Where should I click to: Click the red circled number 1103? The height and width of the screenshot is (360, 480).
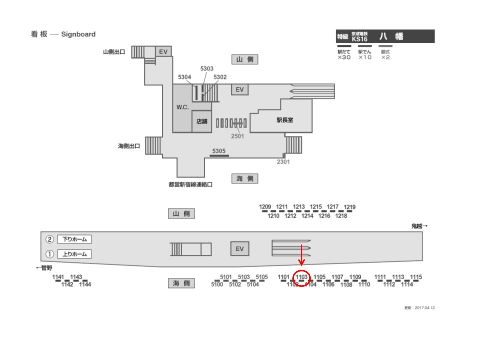[301, 277]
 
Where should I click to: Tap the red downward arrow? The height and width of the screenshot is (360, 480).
[302, 255]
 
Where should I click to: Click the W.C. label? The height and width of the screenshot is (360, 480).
[182, 108]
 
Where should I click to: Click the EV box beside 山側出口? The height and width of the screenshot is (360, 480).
[163, 51]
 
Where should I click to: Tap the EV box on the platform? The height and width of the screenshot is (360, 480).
[239, 249]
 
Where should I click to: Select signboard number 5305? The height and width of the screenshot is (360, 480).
[219, 150]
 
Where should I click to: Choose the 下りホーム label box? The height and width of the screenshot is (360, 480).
[75, 239]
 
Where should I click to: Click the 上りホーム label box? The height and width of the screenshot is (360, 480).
[75, 254]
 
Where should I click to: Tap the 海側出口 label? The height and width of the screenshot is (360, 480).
[129, 146]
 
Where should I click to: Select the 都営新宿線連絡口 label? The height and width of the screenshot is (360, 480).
[191, 184]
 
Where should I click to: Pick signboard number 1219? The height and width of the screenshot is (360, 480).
[350, 207]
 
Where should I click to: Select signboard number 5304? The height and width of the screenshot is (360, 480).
[185, 77]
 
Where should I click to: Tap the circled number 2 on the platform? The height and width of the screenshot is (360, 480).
[50, 239]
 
